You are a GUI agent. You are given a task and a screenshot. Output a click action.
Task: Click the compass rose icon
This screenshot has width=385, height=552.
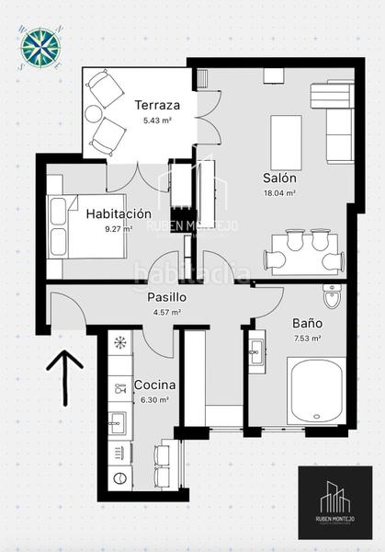39,48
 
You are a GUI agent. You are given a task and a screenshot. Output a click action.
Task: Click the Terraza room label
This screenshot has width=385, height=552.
157,104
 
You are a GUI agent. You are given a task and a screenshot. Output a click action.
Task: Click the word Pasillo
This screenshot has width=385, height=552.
167,297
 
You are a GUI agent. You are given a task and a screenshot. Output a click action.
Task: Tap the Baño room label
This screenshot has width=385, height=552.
307,324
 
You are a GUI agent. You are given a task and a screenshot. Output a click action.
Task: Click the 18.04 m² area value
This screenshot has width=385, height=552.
278,193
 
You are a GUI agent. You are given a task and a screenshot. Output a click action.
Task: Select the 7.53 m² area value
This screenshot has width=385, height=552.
307,339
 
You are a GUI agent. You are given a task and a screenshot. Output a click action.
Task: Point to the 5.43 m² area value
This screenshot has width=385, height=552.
157,120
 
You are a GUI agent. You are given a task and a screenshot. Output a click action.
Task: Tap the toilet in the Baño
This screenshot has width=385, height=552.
332,297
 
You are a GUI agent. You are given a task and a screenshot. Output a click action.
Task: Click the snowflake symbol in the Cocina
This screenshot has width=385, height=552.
119,341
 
